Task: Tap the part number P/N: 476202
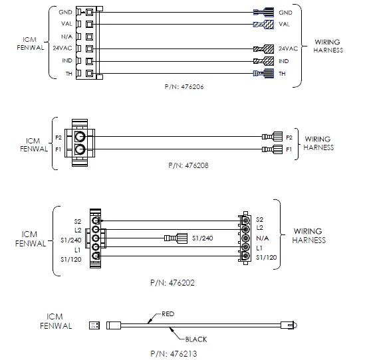(x=172, y=282)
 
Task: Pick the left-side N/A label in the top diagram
(x=66, y=36)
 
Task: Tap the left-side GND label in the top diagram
(x=66, y=12)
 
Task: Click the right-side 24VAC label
(x=288, y=48)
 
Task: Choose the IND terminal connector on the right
(x=264, y=61)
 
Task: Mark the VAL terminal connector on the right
(x=264, y=25)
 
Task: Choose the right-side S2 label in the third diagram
(x=259, y=219)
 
